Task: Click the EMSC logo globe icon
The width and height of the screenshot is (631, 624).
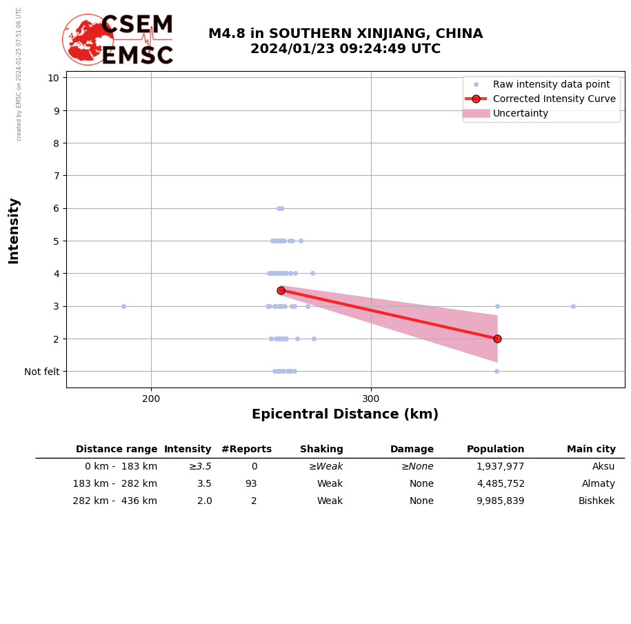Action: point(88,40)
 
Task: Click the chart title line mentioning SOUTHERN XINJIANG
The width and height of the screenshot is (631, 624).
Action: point(345,34)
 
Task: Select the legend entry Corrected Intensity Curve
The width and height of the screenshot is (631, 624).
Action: point(554,99)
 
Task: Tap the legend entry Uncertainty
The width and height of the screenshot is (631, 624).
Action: point(520,113)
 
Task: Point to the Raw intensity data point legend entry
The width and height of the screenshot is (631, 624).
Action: point(551,84)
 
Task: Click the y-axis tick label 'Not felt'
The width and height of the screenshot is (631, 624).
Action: point(41,372)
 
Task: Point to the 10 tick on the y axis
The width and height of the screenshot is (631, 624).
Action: point(53,77)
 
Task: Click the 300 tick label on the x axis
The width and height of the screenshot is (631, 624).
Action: point(371,398)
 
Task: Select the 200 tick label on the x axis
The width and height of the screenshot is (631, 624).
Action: point(151,398)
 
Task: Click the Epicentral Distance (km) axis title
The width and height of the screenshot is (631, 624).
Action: point(345,414)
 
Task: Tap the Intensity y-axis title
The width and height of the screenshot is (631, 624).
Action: point(14,230)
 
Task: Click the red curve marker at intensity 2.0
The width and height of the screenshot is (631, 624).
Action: point(497,339)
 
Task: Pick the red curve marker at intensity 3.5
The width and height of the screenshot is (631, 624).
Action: point(281,290)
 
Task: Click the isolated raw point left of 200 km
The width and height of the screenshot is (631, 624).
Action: point(123,306)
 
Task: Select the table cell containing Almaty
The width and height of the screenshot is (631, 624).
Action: point(598,484)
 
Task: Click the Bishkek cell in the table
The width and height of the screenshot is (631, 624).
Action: point(596,501)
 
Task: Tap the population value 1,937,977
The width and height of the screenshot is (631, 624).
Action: point(500,467)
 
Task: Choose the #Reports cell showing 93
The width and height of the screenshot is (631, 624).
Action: point(250,484)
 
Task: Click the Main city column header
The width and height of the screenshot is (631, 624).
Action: point(591,450)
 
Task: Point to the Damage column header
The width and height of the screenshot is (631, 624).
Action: point(412,450)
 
